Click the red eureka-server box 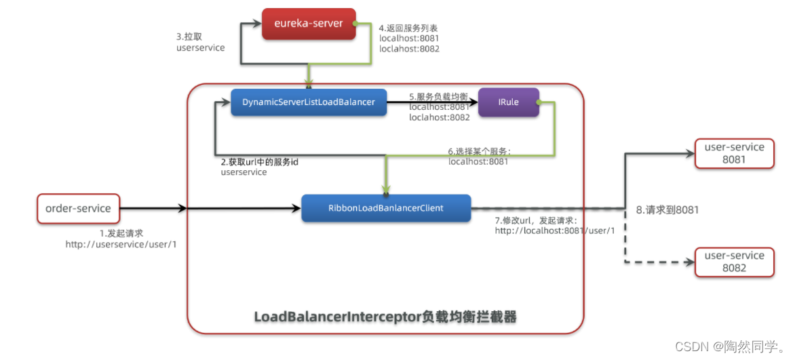(x=309, y=24)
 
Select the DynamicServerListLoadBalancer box (x=308, y=102)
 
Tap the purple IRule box (x=508, y=102)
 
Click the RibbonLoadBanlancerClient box (x=385, y=208)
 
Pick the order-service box (x=77, y=208)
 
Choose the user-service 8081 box (x=734, y=153)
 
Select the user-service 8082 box (x=734, y=262)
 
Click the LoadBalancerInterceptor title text (x=385, y=317)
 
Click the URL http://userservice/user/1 (x=121, y=244)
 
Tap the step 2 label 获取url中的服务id (x=260, y=162)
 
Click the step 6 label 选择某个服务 (x=479, y=151)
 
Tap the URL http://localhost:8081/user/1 (x=554, y=231)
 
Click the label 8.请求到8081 (x=668, y=210)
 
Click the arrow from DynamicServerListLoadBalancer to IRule (x=431, y=103)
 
